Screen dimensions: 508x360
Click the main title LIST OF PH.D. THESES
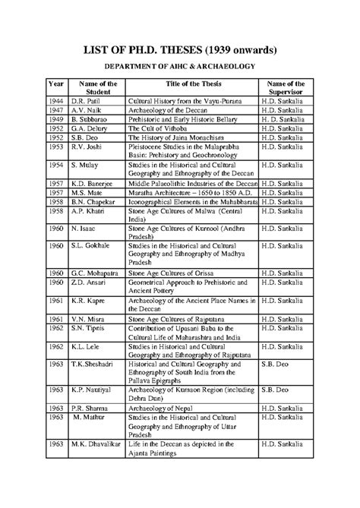coord(179,50)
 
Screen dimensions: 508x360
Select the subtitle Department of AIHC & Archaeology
coord(179,67)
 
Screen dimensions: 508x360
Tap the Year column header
coord(56,83)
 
